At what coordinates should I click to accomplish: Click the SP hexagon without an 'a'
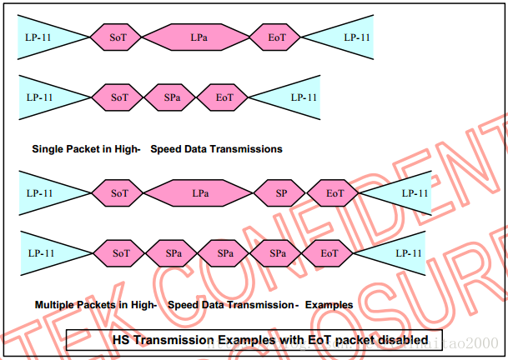(x=282, y=193)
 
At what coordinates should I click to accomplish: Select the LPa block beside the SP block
(x=200, y=193)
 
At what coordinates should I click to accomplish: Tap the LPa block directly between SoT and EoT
(x=199, y=37)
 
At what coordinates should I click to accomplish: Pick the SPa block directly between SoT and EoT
(x=173, y=97)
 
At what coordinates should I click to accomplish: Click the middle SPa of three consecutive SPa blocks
(x=225, y=252)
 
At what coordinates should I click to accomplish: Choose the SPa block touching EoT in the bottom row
(x=279, y=252)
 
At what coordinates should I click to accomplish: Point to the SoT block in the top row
(x=119, y=37)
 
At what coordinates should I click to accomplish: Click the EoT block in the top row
(x=278, y=37)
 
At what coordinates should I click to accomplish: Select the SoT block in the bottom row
(x=122, y=252)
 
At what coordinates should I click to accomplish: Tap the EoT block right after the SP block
(x=334, y=193)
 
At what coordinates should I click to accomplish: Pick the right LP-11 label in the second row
(x=304, y=97)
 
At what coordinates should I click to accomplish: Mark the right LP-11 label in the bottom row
(x=407, y=252)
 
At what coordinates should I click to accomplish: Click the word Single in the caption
(x=48, y=149)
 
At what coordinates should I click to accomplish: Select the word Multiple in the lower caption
(x=55, y=305)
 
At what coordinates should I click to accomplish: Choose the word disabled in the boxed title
(x=405, y=340)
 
